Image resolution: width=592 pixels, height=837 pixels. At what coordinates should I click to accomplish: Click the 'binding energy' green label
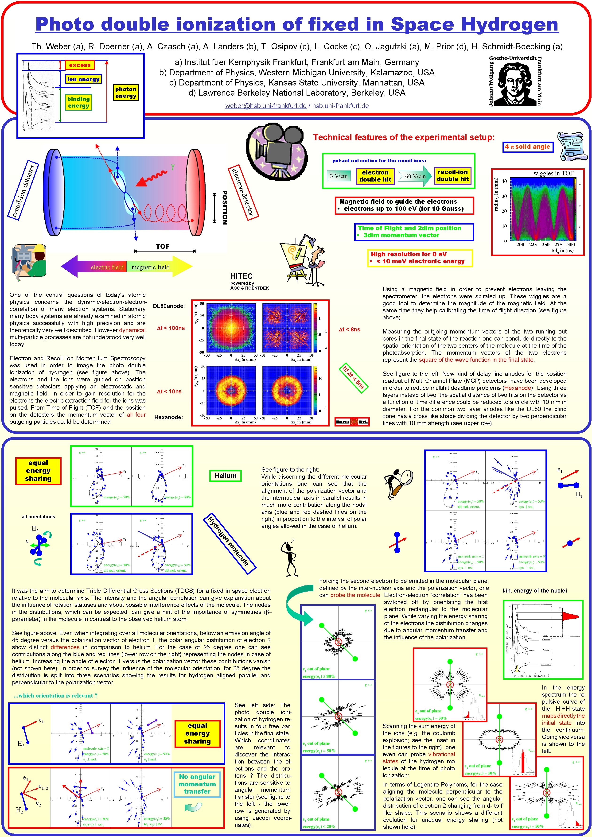pos(78,102)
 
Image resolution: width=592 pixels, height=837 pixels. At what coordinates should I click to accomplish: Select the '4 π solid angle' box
pos(527,147)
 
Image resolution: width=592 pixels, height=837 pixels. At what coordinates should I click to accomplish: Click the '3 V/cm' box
pos(339,176)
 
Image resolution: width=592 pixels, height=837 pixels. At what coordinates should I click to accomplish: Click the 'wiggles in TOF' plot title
pos(553,174)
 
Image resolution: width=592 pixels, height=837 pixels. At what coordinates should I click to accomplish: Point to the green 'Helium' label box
pos(225,476)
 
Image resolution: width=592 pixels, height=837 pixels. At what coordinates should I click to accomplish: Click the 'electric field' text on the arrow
pos(107,267)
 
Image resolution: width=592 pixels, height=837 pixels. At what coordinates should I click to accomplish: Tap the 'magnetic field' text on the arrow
pos(150,267)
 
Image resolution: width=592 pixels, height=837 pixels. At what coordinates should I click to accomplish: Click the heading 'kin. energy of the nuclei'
pos(534,591)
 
